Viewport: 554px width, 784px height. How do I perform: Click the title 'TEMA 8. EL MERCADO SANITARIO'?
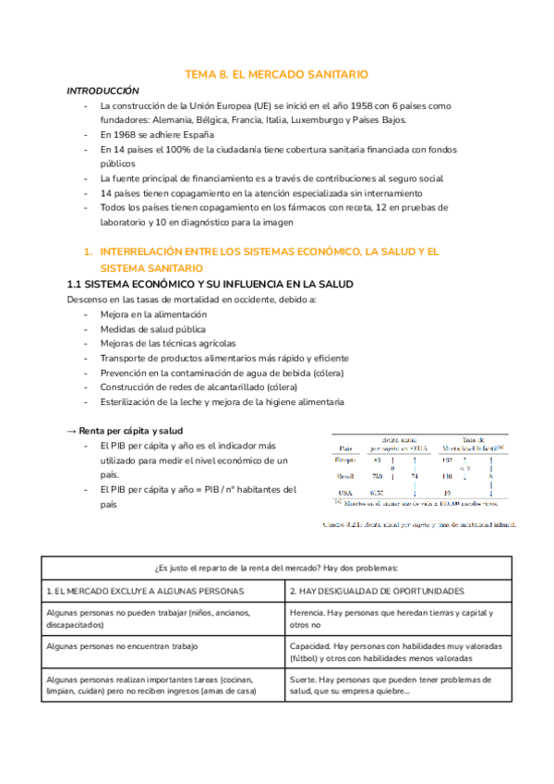[276, 74]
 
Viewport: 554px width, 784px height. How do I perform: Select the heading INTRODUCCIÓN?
[102, 91]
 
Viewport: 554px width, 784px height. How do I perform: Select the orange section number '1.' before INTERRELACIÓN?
[88, 251]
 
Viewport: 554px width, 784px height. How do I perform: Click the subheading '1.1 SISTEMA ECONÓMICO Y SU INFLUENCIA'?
[210, 283]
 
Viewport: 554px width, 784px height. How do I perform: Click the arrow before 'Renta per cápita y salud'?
[72, 431]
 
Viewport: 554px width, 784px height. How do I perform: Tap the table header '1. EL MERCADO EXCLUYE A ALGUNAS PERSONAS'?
[145, 590]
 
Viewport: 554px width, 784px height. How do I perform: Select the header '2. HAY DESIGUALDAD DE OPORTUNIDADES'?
[377, 590]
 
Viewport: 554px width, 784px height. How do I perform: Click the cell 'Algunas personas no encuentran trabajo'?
[121, 646]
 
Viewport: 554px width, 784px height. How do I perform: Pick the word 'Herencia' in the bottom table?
[308, 612]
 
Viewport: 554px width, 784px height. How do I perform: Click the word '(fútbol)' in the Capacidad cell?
[307, 659]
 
